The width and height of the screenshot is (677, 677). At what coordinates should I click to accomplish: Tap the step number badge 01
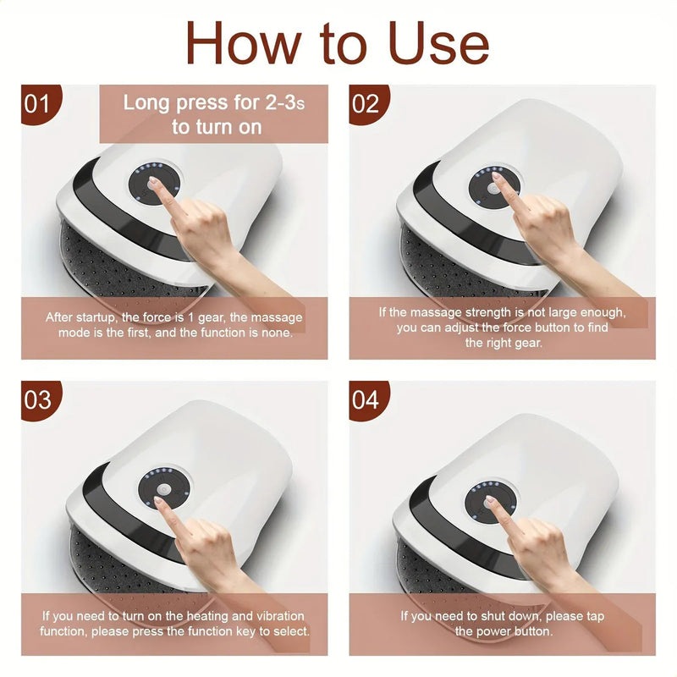(x=38, y=104)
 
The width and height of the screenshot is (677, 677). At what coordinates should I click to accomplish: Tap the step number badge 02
(x=366, y=104)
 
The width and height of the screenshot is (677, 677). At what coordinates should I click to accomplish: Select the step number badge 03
(x=38, y=399)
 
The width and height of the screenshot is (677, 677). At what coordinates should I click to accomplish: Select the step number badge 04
(x=366, y=399)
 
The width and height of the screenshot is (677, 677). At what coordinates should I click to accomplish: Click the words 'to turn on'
(x=216, y=128)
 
